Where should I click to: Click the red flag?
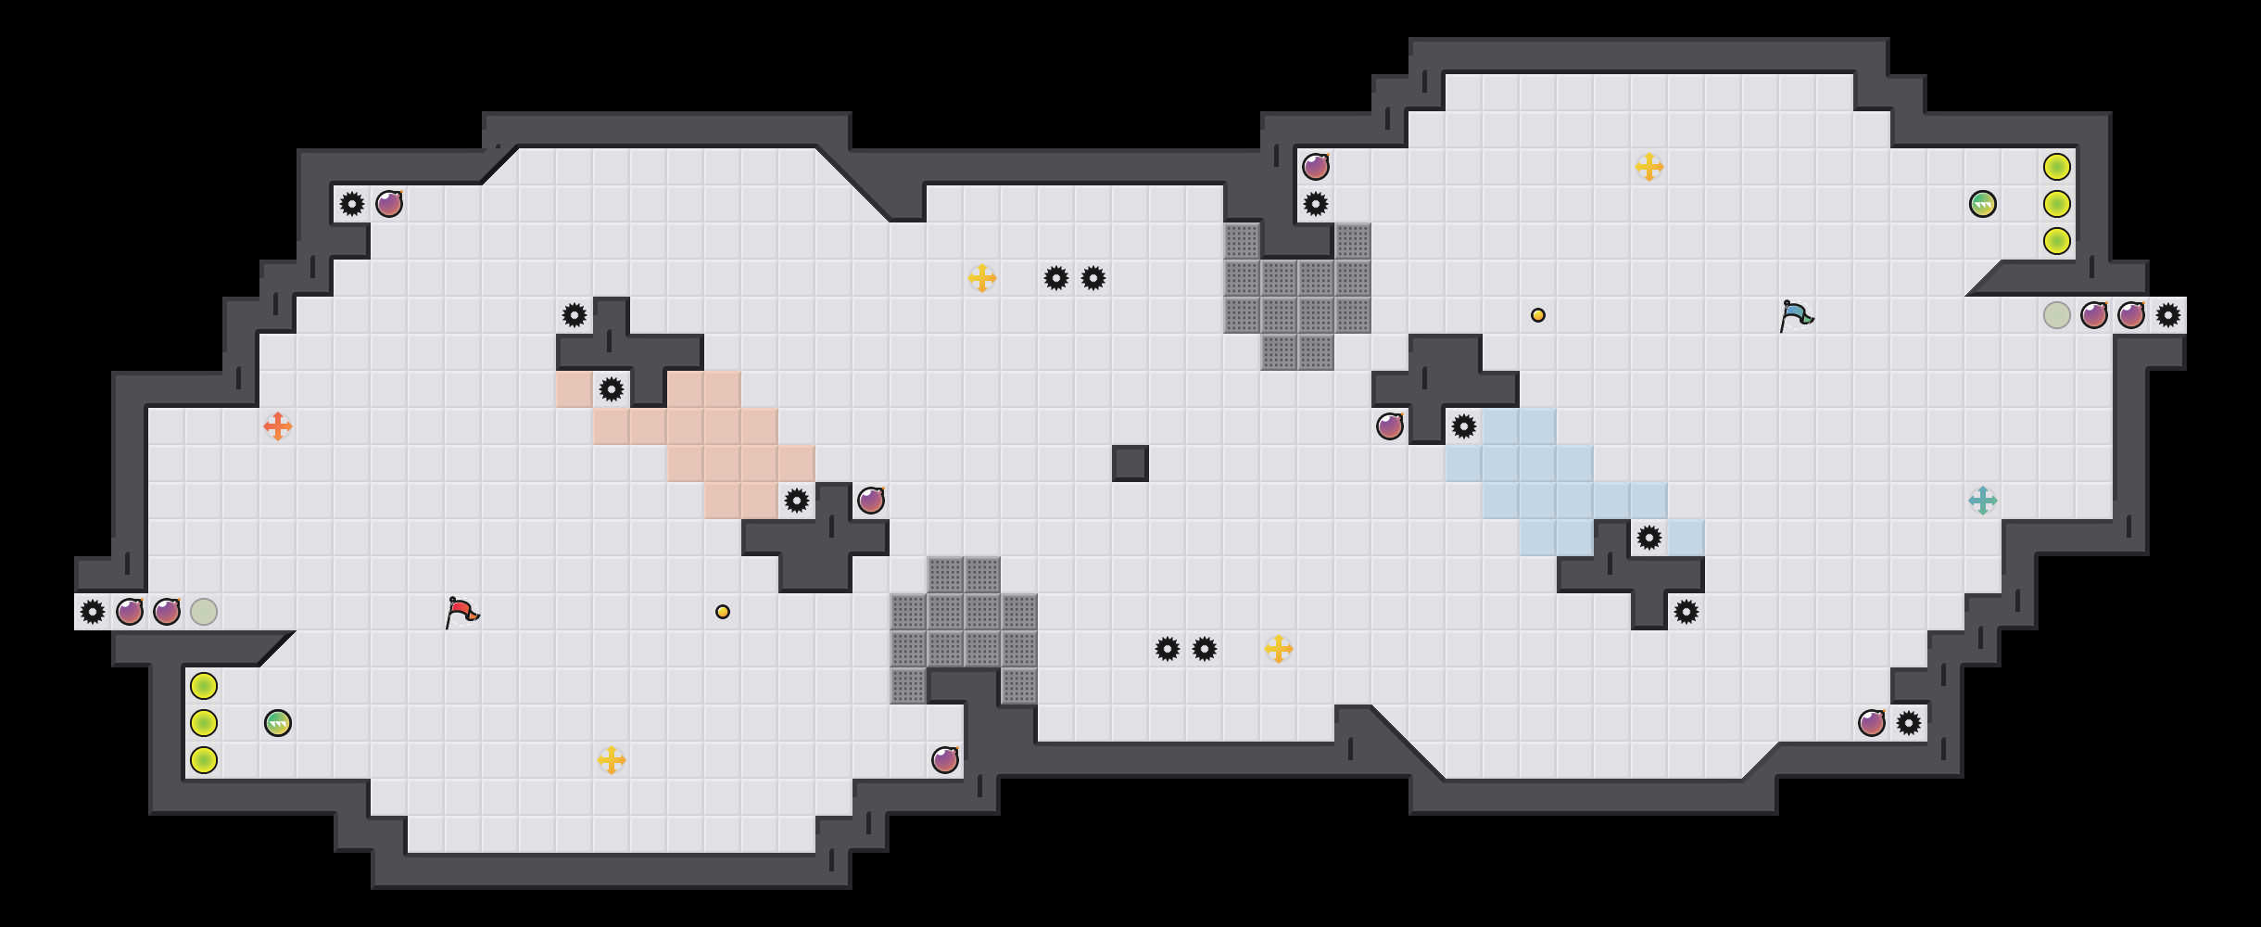click(461, 612)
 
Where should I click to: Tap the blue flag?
click(1796, 315)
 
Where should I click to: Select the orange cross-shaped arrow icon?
click(277, 426)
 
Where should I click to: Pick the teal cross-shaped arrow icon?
click(1982, 501)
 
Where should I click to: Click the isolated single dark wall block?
click(1130, 463)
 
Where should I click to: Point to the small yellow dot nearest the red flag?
click(723, 612)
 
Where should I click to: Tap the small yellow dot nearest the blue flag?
click(1538, 315)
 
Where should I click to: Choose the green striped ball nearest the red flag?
click(278, 723)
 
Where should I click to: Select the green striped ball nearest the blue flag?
click(1982, 204)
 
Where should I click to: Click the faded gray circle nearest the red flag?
click(204, 612)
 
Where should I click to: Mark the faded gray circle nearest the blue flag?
click(2056, 315)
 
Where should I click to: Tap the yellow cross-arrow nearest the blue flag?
click(1648, 167)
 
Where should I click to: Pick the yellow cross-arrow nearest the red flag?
click(611, 760)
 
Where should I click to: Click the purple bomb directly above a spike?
click(1316, 167)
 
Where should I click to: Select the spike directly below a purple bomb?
click(1316, 204)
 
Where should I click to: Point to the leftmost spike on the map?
click(93, 612)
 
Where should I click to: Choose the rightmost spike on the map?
click(2167, 315)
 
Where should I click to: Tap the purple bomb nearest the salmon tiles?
click(870, 501)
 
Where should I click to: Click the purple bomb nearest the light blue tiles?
click(1389, 426)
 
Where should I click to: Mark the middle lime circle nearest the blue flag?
click(2056, 204)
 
